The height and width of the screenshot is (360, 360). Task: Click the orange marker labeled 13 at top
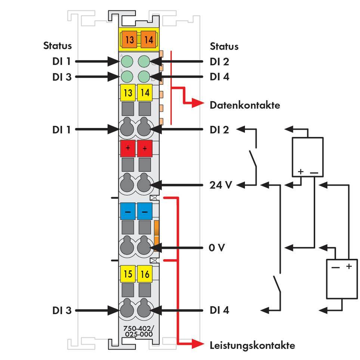[x=129, y=39]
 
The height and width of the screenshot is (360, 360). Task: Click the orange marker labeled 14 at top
[x=148, y=39]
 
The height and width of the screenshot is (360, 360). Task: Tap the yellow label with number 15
[x=128, y=274]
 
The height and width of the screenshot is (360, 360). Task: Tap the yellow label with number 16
[x=145, y=274]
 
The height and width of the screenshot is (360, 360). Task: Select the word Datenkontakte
[x=245, y=105]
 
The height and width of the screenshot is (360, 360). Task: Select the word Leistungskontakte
[x=252, y=345]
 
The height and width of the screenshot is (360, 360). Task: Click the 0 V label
[x=217, y=248]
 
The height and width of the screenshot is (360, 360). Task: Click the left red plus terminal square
[x=128, y=148]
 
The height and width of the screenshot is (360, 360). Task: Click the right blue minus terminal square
[x=145, y=211]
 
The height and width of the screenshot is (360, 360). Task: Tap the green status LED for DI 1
[x=128, y=61]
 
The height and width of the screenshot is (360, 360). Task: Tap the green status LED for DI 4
[x=144, y=77]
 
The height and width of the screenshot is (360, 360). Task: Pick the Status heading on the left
[x=57, y=46]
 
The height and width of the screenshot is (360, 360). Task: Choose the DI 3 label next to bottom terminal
[x=62, y=310]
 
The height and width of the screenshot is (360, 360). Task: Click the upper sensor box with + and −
[x=307, y=156]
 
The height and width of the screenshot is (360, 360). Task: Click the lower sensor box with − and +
[x=341, y=279]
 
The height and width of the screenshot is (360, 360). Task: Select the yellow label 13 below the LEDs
[x=128, y=92]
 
